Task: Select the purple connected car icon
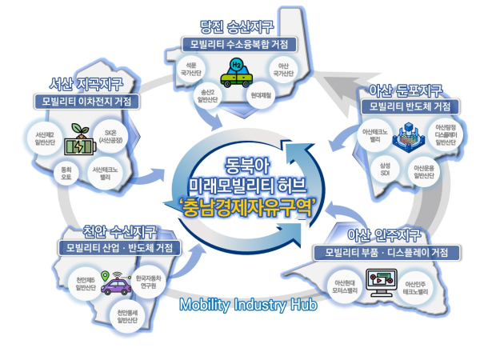pos(118,284)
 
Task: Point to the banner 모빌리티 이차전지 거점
pos(85,102)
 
